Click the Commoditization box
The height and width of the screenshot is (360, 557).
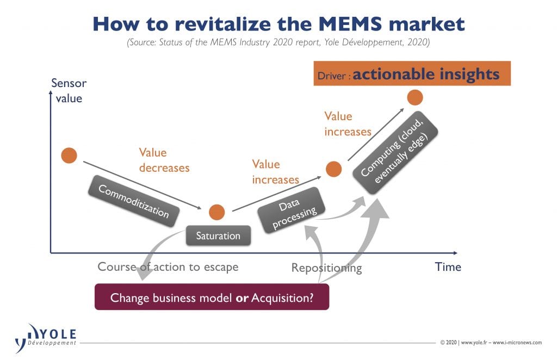(x=134, y=201)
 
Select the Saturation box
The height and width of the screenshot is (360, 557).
(x=218, y=235)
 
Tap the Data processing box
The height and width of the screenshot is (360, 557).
(x=292, y=210)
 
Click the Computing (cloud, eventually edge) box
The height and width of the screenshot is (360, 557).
(x=395, y=153)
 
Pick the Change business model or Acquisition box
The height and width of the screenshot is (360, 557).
(x=212, y=297)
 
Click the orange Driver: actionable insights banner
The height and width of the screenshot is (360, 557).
(x=412, y=73)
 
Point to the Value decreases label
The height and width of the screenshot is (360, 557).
(x=164, y=160)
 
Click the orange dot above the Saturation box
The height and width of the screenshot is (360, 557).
(x=216, y=212)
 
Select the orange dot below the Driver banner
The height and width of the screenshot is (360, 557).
(x=415, y=97)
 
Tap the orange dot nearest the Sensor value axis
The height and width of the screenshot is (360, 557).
(x=69, y=156)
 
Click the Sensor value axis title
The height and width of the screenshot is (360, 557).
(x=69, y=90)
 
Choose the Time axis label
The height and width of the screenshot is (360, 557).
(x=448, y=267)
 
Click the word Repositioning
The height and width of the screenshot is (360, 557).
(x=326, y=268)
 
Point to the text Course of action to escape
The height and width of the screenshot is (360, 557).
(x=168, y=267)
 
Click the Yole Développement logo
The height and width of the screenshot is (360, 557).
(x=46, y=338)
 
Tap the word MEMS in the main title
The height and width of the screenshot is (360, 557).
(x=350, y=24)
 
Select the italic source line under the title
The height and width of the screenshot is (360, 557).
(x=278, y=42)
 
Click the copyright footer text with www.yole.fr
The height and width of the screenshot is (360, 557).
(x=491, y=343)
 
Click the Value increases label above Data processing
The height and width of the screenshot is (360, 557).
(x=275, y=172)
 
